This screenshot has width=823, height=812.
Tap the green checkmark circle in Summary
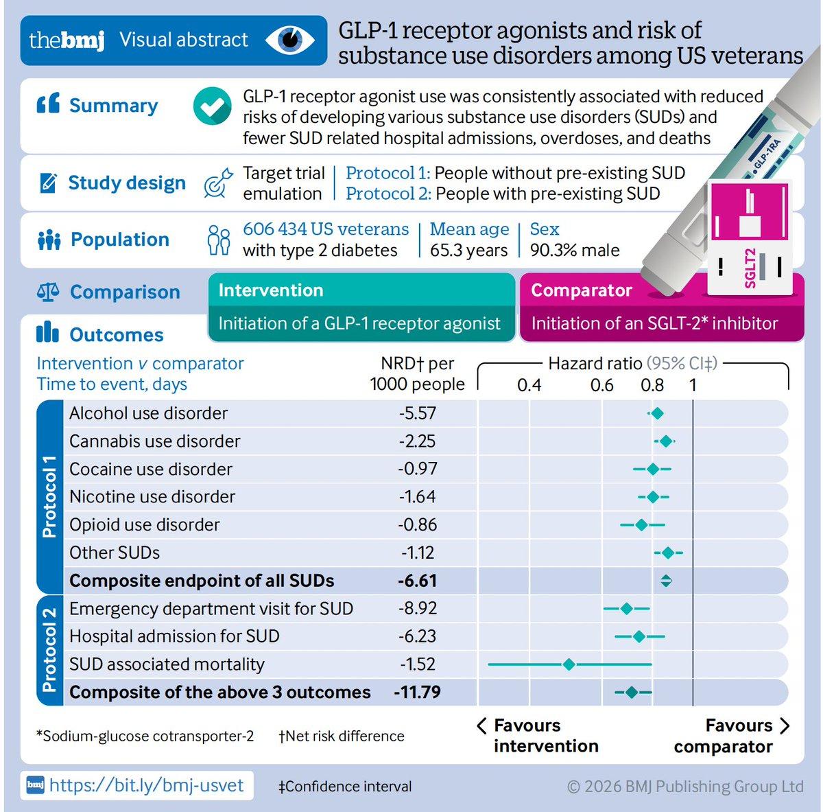(212, 106)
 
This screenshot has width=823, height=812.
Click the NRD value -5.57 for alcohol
(418, 413)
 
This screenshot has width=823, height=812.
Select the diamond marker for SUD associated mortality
(569, 664)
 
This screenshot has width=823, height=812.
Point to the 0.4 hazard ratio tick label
(529, 385)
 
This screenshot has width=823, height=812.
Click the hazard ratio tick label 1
(693, 385)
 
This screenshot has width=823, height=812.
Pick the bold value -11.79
(417, 692)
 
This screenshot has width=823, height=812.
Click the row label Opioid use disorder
(145, 525)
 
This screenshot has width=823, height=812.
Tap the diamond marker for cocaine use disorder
(653, 469)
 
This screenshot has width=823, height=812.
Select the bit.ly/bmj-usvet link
(146, 785)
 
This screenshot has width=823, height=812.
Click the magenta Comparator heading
(582, 290)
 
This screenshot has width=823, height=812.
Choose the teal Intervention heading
(271, 290)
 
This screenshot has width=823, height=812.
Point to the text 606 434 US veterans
(326, 229)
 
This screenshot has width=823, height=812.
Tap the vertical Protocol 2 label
(49, 649)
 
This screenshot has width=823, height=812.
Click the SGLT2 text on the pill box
(750, 268)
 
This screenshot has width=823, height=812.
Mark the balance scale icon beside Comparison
(48, 292)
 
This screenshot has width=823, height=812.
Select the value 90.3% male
(575, 251)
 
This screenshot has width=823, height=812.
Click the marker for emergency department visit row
(626, 609)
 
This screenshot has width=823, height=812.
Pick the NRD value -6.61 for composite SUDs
(417, 581)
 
